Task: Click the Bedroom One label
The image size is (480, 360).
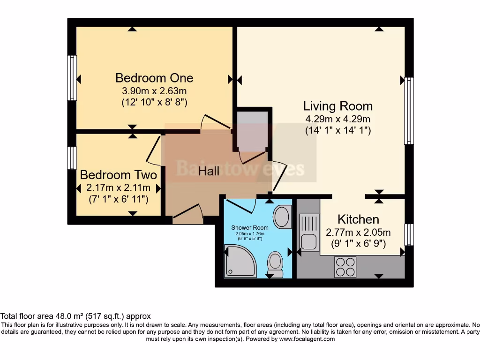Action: tap(154, 77)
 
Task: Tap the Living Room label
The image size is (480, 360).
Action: tap(337, 106)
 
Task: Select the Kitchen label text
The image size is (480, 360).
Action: tap(358, 219)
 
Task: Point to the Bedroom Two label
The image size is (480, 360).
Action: tap(118, 175)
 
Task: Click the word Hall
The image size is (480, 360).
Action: tap(209, 171)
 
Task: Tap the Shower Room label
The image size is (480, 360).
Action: tap(250, 228)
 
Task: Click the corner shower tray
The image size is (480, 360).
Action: tap(240, 262)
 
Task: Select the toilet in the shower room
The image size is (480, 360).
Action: tap(275, 265)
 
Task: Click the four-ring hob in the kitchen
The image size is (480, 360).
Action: tap(345, 267)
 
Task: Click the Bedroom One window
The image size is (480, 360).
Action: tap(72, 78)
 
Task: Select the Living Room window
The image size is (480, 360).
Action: tap(409, 111)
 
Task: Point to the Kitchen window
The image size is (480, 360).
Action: tap(409, 234)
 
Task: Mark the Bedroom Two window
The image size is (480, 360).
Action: tap(72, 158)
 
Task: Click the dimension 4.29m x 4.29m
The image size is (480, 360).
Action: tap(337, 119)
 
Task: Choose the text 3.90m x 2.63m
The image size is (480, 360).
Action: tap(154, 90)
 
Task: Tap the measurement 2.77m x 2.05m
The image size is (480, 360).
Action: tap(358, 232)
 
